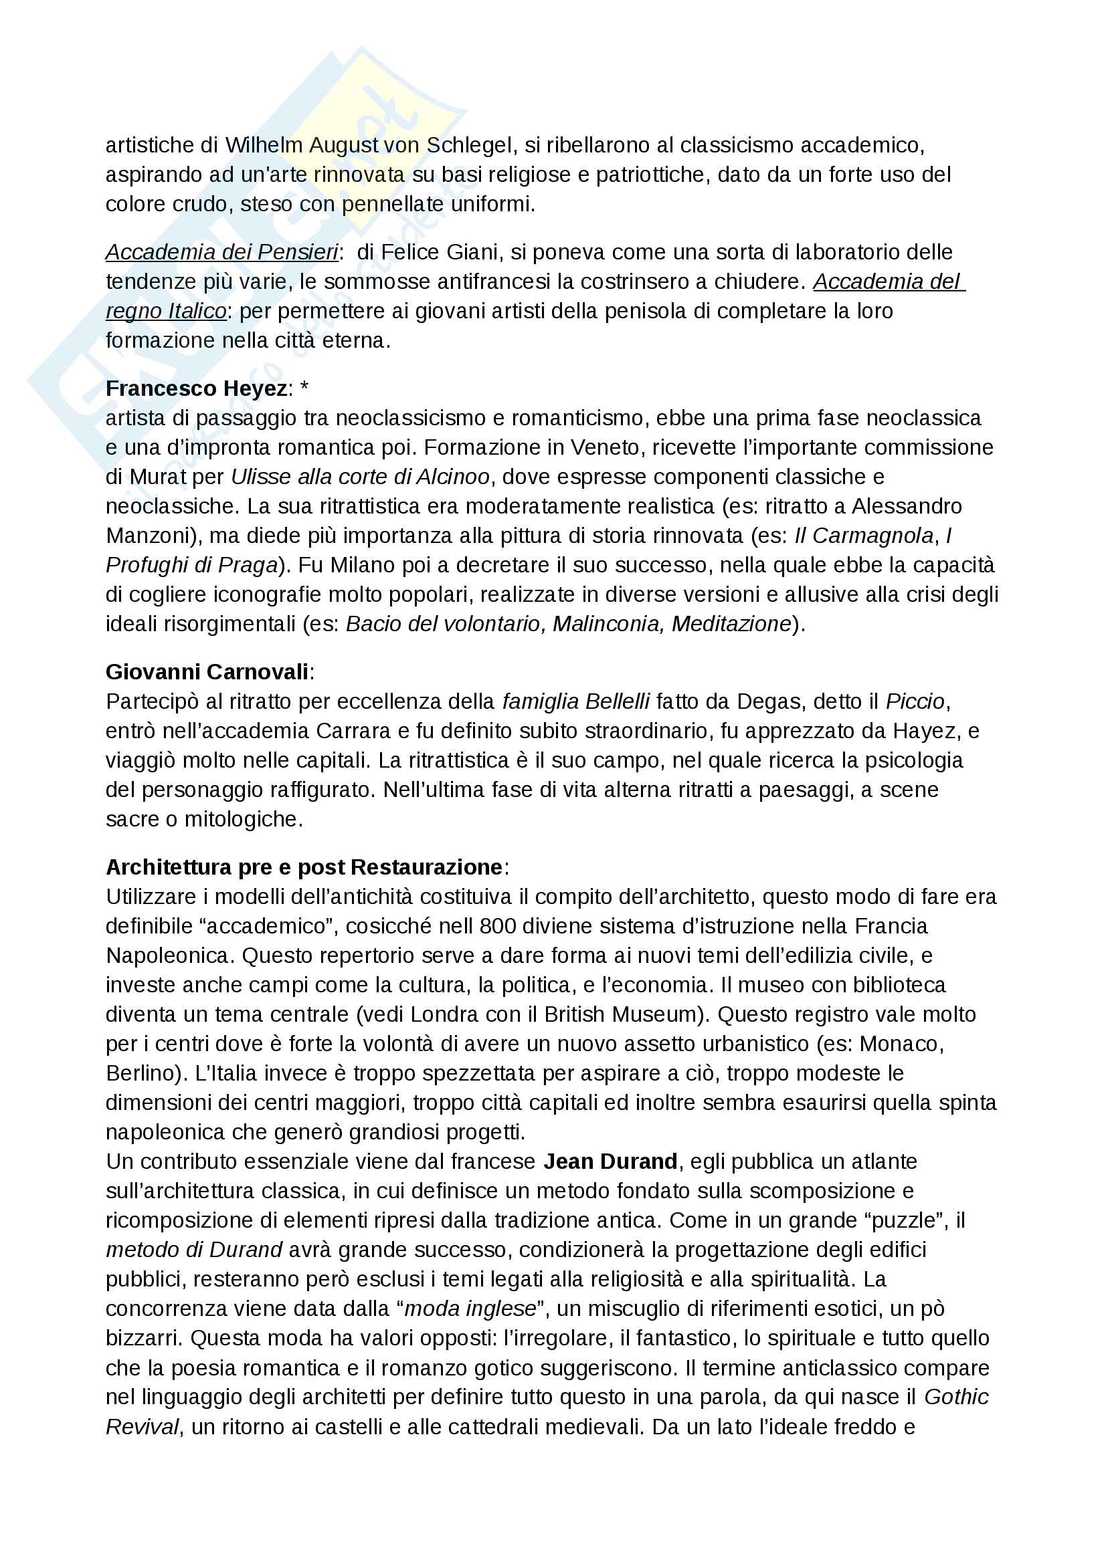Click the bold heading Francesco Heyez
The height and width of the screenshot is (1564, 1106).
pos(196,388)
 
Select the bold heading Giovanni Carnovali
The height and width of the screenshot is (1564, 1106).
pos(207,671)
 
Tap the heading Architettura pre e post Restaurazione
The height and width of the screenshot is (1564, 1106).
pos(304,867)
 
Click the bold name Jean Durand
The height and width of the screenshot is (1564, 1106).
pos(610,1161)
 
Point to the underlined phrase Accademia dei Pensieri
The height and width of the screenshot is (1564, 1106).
pos(221,252)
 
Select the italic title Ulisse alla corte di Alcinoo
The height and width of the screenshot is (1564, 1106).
pos(360,476)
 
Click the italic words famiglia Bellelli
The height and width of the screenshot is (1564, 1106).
pos(576,701)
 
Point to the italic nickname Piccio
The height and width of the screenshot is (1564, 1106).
pos(915,701)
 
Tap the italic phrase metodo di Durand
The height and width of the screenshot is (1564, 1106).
pos(194,1249)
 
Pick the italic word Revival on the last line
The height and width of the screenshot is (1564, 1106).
pos(143,1426)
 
